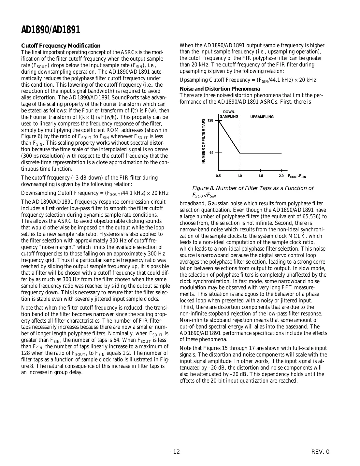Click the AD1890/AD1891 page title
(50, 30)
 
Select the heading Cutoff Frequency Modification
(61, 46)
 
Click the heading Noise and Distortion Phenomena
(220, 89)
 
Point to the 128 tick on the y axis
(210, 121)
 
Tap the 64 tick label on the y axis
(211, 153)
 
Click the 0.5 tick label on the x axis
(218, 176)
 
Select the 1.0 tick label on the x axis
(239, 176)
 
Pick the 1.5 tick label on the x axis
(261, 176)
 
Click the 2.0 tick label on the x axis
(281, 176)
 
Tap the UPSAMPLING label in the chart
(262, 117)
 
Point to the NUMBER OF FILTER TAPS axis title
(204, 141)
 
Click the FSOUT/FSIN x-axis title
(297, 176)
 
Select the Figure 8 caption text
(252, 192)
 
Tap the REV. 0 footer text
(320, 452)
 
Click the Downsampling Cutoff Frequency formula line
(94, 193)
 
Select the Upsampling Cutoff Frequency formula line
(248, 80)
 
